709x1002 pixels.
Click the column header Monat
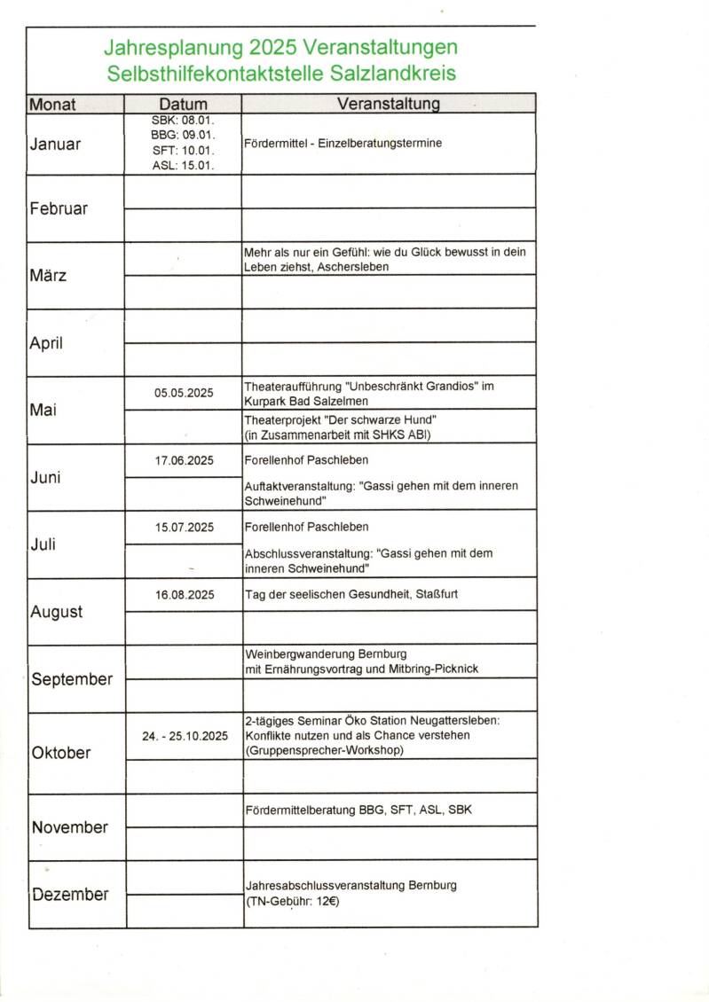[53, 105]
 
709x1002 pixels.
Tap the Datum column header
[184, 105]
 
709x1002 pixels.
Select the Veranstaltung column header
[389, 105]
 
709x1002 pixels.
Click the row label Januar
[55, 145]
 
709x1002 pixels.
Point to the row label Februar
[59, 208]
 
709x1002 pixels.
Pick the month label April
[46, 343]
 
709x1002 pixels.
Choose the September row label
[72, 680]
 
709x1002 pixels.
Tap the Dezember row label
[70, 895]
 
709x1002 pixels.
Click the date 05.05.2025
[184, 393]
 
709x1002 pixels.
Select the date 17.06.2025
[184, 460]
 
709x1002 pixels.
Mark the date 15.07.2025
[184, 528]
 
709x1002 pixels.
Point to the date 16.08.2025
[184, 595]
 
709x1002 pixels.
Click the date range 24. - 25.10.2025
[185, 736]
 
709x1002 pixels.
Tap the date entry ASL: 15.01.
[184, 165]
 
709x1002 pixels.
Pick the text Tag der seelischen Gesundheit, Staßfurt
[351, 595]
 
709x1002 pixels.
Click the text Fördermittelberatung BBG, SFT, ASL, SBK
[358, 810]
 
